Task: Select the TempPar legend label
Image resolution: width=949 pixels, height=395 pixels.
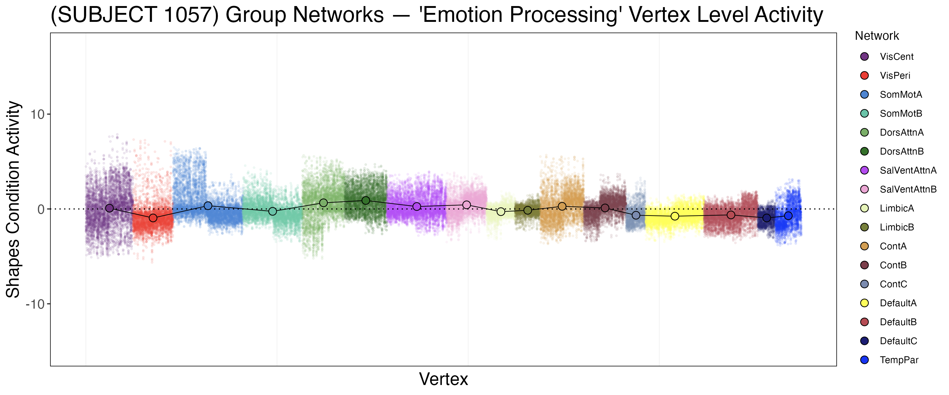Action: coord(899,360)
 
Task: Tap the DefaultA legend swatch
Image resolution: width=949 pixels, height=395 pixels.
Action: coord(864,303)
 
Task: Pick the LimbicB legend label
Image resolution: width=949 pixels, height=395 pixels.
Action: coord(897,227)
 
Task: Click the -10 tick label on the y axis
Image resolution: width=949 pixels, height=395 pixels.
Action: coord(35,304)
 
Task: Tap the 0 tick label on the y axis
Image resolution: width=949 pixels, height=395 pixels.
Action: coord(41,209)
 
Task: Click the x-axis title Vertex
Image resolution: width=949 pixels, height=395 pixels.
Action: coord(444,379)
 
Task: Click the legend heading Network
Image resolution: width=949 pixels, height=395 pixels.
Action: coord(877,36)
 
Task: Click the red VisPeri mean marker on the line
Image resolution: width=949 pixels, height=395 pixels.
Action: coord(153,218)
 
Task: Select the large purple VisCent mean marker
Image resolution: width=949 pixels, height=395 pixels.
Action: coord(109,208)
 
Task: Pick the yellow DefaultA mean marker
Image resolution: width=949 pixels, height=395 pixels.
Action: coord(675,216)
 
